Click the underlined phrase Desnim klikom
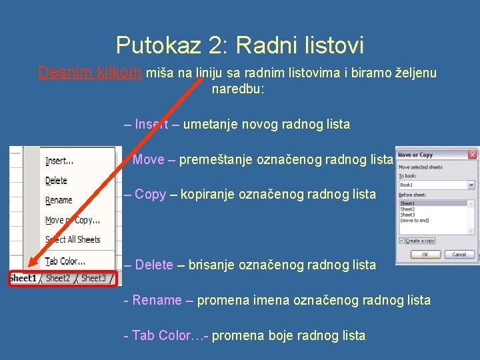click(90, 73)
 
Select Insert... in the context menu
click(59, 161)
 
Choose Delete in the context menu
click(56, 181)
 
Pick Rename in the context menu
click(59, 200)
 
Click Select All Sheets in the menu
click(73, 239)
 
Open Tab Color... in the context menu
click(65, 261)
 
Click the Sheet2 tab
click(58, 278)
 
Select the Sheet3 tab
click(93, 278)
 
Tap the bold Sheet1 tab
click(23, 278)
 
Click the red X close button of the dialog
click(472, 155)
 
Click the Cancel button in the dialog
click(459, 254)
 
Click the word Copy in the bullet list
click(150, 195)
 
